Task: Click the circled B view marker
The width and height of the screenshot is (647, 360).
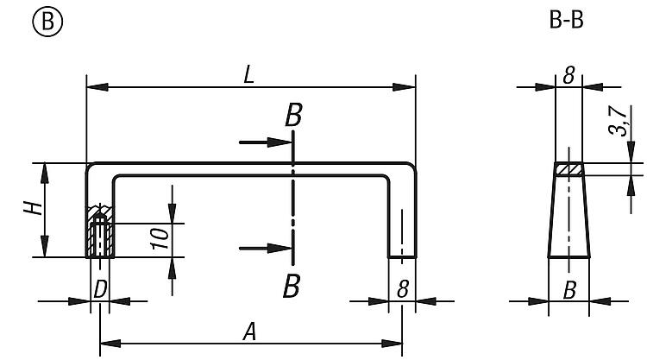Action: pos(47,21)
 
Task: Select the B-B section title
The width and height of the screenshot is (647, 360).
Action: pos(566,20)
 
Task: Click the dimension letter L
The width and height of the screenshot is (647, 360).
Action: pos(248,75)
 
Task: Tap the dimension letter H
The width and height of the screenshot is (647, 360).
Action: pos(33,208)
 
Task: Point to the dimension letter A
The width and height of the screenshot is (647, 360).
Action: pos(249,332)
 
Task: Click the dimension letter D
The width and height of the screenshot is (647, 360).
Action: pos(100,289)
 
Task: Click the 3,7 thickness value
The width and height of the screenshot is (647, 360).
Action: pos(618,121)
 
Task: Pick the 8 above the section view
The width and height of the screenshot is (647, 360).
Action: pos(569,76)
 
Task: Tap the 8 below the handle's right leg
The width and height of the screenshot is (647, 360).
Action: pos(403,289)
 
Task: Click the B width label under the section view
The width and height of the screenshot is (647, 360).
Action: pos(569,291)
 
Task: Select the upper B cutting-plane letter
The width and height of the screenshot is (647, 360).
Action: pos(293,115)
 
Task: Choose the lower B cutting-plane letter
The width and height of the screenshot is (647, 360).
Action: pos(292,287)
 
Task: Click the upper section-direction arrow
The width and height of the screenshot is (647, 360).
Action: pos(266,142)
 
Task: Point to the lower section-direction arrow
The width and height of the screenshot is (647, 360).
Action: pos(266,249)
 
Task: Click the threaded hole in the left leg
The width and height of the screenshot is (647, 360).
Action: pos(100,237)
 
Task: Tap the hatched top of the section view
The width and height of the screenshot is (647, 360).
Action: pos(568,169)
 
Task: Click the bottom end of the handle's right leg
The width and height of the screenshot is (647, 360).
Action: pos(402,256)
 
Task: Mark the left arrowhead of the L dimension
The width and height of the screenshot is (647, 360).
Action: pos(97,87)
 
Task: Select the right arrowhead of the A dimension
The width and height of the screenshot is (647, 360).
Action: pos(392,344)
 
